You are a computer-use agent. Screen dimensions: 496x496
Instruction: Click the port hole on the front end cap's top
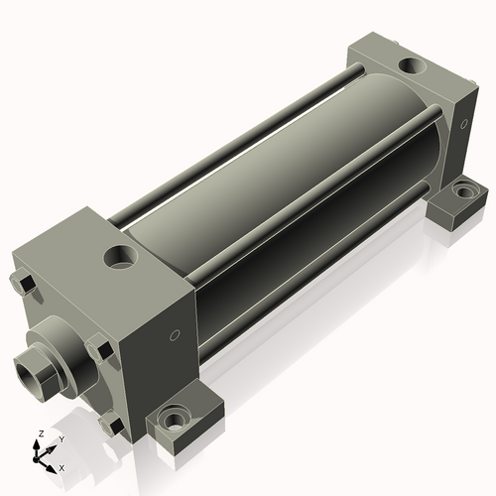pos(120,257)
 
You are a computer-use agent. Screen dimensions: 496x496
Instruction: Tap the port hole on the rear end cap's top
pos(412,65)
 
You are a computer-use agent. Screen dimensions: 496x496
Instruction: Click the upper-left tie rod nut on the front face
pos(23,284)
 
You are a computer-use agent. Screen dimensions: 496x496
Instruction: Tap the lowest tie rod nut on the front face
pos(111,425)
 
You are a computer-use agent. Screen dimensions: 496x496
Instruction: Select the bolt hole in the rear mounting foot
pos(465,190)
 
